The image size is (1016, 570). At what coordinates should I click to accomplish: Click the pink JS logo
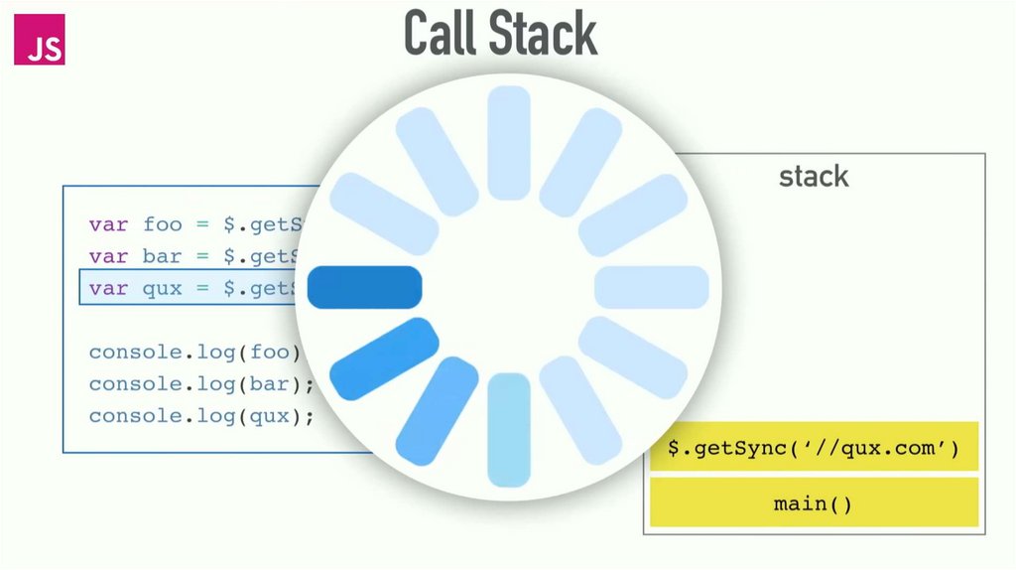coord(39,40)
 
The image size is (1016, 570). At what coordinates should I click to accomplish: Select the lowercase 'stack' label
coord(814,177)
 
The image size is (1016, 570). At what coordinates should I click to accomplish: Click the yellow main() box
coord(814,503)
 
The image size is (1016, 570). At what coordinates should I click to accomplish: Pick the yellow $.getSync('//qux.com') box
coord(814,448)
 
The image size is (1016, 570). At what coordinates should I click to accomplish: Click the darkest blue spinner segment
coord(365,287)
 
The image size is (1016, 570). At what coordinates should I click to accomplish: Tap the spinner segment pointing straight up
coord(509,142)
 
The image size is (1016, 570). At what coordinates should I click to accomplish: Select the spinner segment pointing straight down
coord(509,430)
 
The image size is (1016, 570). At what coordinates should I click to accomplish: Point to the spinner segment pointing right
coord(651,287)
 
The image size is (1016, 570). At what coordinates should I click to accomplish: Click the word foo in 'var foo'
coord(163,224)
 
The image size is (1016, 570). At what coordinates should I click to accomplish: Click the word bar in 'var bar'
coord(163,256)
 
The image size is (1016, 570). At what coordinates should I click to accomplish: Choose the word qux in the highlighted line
coord(163,288)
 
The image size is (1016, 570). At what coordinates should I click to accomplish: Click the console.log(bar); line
coord(201,384)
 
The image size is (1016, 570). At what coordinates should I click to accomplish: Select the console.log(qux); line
coord(201,416)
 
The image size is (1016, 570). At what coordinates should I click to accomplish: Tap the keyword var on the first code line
coord(108,224)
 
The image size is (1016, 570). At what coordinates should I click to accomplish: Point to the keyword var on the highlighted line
coord(108,288)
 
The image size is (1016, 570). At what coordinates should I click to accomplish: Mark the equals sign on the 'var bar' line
coord(202,256)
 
